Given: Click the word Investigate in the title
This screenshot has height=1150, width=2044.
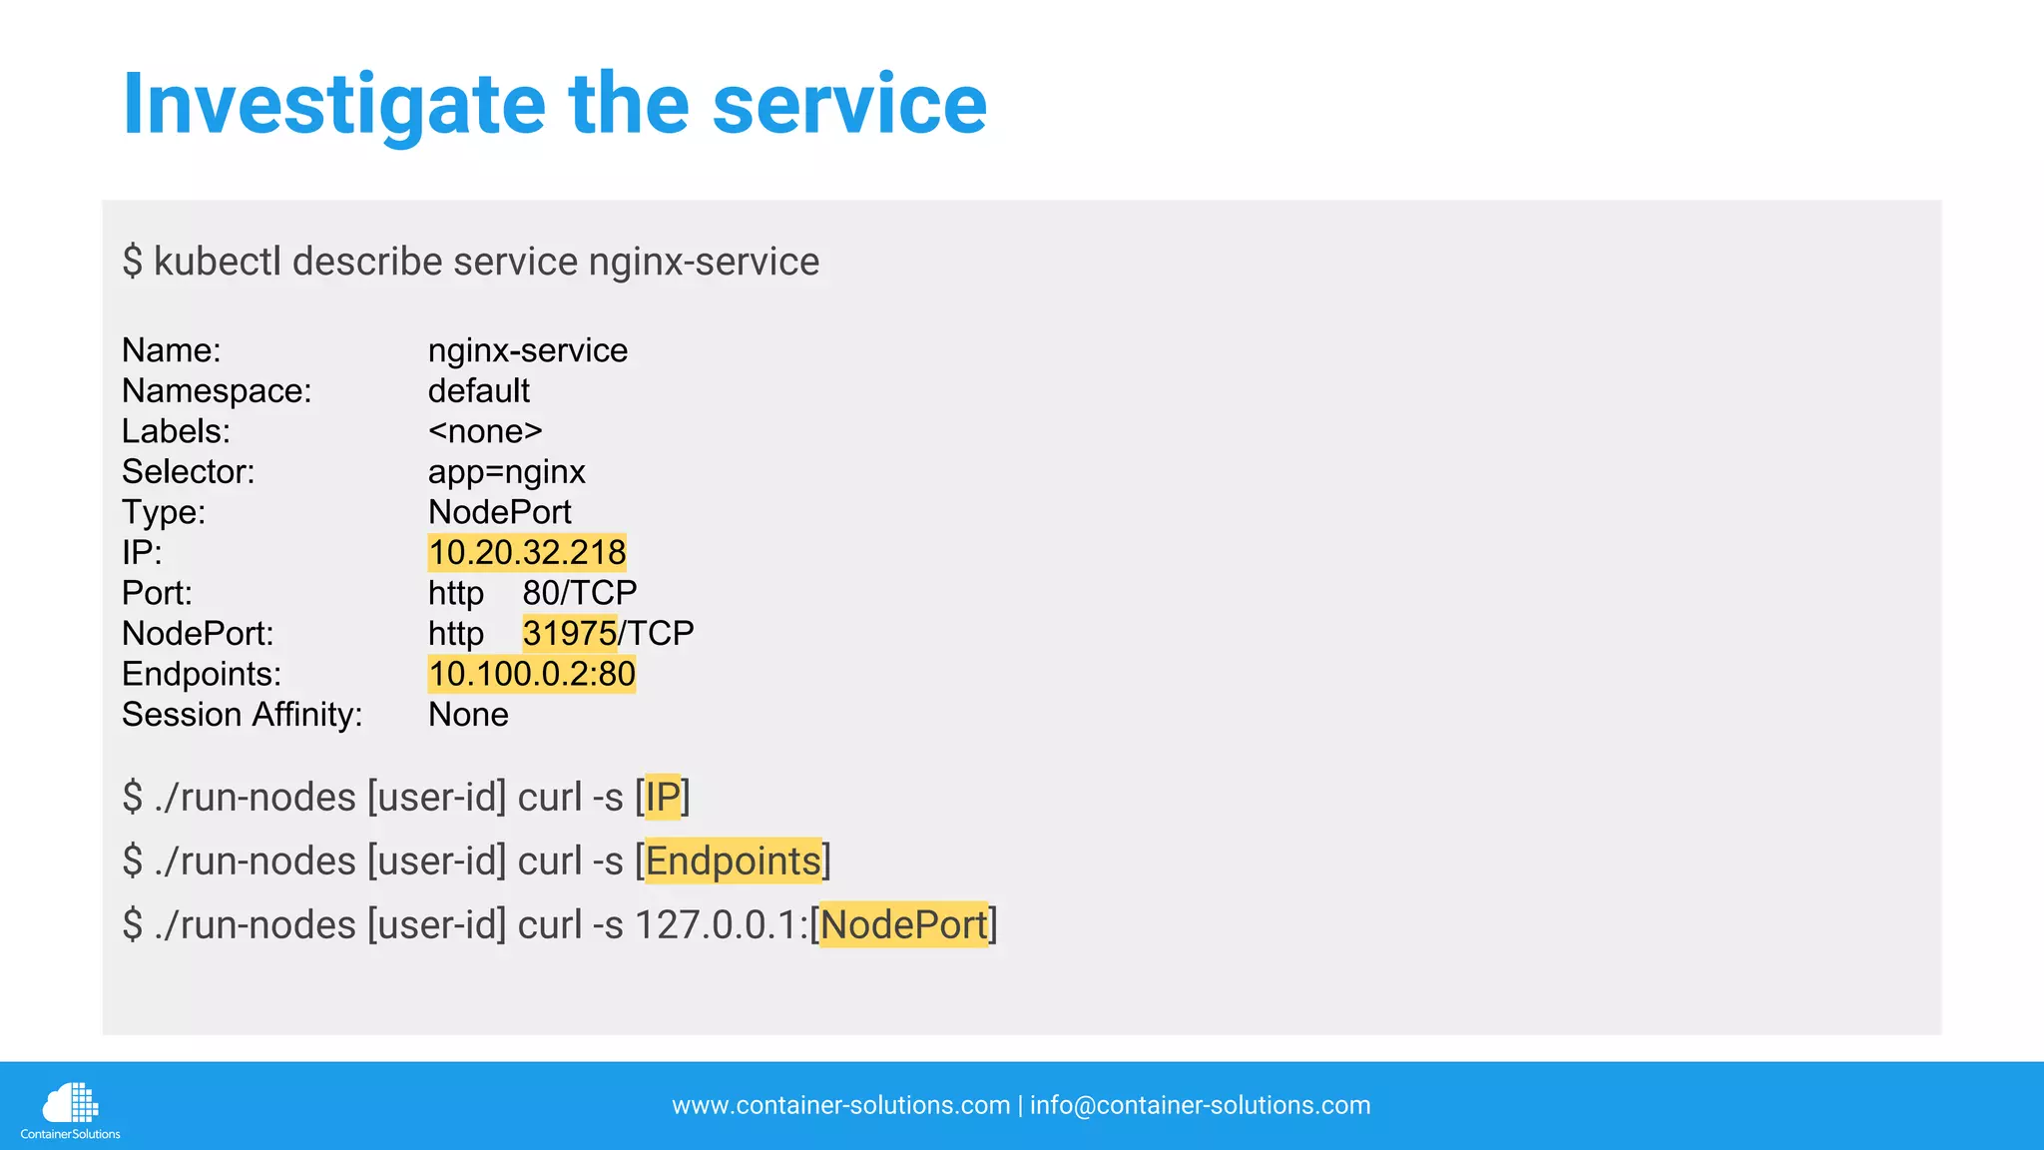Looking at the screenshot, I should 334,106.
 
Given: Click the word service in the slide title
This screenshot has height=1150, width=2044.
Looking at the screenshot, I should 849,104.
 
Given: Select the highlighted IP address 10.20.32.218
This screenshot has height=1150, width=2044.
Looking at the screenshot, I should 527,552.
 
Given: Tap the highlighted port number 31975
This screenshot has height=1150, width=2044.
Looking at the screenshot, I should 570,633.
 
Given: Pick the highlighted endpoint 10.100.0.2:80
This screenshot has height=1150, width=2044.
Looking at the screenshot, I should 532,674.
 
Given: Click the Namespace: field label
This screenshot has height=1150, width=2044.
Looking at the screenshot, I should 217,391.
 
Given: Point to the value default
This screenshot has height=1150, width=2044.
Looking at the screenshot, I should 479,391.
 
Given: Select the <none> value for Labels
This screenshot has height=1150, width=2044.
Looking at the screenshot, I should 485,431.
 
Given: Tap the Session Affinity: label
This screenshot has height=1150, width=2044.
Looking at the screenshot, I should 242,715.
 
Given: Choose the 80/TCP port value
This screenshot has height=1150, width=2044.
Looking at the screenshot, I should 580,593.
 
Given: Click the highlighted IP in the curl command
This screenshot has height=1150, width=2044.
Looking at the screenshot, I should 663,797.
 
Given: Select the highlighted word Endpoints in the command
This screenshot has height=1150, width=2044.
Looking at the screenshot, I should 734,861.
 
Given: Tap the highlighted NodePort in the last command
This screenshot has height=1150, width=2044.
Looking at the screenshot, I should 903,924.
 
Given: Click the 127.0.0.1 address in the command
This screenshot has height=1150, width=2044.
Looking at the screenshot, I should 720,924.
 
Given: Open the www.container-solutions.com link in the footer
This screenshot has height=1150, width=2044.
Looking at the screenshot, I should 840,1105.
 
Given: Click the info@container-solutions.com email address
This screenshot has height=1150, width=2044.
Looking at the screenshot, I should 1200,1105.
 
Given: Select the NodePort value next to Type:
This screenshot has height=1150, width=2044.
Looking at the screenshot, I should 499,512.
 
